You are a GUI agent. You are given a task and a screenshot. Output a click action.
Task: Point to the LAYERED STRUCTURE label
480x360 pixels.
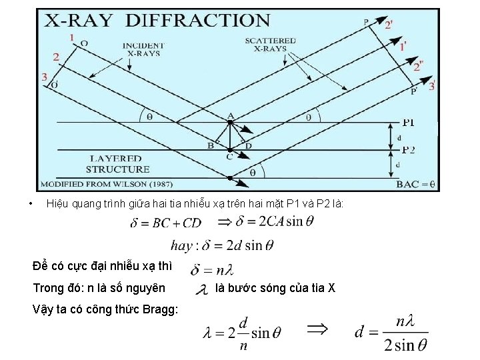click(x=118, y=164)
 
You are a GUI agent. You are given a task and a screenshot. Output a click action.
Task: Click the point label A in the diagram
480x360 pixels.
click(x=231, y=116)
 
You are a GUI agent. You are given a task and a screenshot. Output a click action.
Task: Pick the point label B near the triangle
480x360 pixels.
click(x=210, y=145)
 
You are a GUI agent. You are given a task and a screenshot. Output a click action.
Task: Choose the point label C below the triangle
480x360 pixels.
click(x=229, y=157)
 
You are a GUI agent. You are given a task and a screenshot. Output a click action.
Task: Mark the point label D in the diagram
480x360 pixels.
click(x=249, y=145)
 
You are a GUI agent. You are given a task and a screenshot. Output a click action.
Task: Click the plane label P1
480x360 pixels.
click(x=409, y=123)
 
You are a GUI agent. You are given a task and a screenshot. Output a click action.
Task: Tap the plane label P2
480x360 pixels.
click(x=409, y=150)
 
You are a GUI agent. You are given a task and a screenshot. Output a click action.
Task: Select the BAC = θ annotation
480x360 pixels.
click(x=415, y=183)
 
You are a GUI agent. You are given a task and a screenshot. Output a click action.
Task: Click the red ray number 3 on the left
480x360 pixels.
click(x=44, y=77)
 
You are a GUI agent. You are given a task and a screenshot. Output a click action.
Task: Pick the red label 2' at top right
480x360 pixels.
click(x=389, y=25)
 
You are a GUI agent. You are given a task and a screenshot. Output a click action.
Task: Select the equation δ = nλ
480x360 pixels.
click(x=212, y=270)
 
